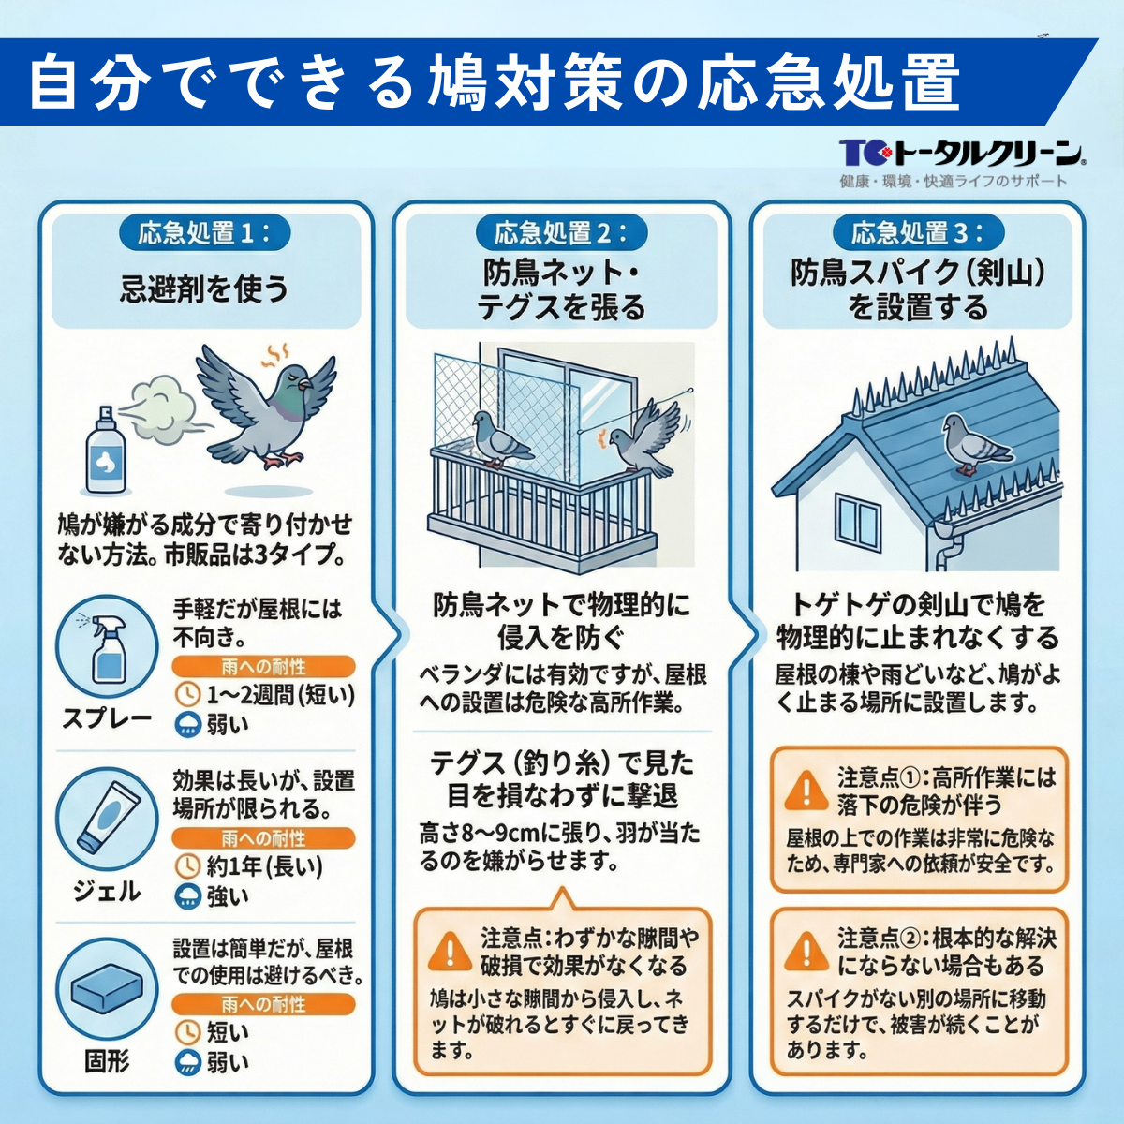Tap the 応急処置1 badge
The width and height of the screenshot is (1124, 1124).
203,233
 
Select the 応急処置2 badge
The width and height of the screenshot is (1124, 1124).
561,233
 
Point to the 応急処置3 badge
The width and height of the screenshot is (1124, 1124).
918,233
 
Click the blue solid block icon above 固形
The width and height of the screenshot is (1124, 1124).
106,988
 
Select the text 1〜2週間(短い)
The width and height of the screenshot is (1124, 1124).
280,695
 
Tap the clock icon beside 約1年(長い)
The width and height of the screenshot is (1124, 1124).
188,865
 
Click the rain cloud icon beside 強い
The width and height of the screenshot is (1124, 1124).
188,896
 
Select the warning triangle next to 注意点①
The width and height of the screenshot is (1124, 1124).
805,790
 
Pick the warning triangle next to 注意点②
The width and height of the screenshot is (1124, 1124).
805,952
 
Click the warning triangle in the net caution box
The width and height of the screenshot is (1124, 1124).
450,952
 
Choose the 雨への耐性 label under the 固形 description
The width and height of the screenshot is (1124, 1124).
263,1005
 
